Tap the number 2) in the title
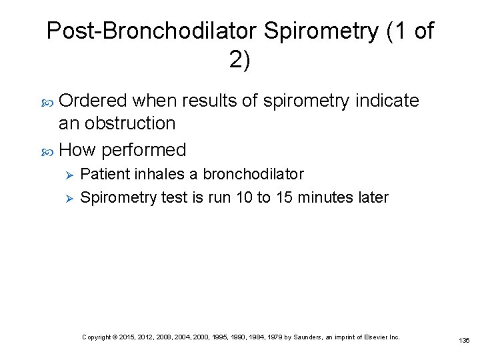240,61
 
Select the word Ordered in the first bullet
93,101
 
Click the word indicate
387,101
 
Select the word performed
144,149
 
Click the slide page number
464,340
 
